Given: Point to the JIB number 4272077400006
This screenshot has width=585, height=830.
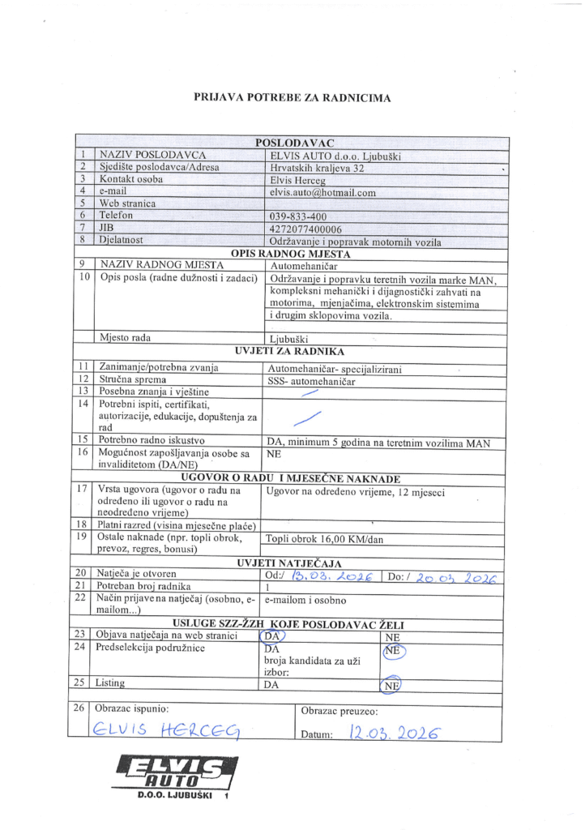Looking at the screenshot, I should pyautogui.click(x=307, y=229).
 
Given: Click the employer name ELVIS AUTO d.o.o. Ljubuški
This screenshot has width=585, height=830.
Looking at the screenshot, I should pyautogui.click(x=335, y=156).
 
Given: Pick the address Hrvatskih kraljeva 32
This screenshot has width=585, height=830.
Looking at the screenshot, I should pyautogui.click(x=317, y=169).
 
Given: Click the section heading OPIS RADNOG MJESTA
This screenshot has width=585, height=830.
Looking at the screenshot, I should pyautogui.click(x=292, y=253).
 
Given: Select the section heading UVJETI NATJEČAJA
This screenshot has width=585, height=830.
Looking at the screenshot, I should pyautogui.click(x=289, y=563).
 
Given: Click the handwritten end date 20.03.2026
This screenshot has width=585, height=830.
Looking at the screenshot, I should pyautogui.click(x=455, y=577).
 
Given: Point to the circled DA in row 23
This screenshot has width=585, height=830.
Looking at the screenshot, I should pyautogui.click(x=273, y=636).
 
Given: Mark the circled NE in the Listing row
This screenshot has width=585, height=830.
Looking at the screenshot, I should pyautogui.click(x=392, y=685).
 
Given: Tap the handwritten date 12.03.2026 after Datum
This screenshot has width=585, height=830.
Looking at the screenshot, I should pyautogui.click(x=392, y=733).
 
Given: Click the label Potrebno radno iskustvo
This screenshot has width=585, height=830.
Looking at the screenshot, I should pyautogui.click(x=147, y=439).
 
